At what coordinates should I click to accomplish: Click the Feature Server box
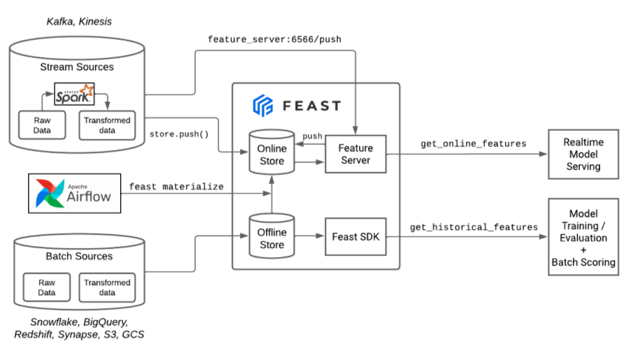tap(356, 154)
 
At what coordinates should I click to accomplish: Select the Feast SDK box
tap(356, 237)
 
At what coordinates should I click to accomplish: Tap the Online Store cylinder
tap(272, 154)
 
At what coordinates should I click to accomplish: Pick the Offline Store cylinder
tap(272, 237)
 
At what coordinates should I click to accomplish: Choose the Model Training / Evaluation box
tap(583, 237)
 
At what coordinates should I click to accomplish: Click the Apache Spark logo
tap(74, 94)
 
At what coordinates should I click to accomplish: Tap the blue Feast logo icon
tap(263, 106)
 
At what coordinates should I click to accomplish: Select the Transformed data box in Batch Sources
tap(107, 287)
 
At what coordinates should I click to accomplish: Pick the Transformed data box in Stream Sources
tap(107, 125)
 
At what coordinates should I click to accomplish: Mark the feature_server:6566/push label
tap(275, 39)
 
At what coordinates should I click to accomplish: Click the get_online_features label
tap(473, 143)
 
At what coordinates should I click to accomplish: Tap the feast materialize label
tap(176, 187)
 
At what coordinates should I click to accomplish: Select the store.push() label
tap(179, 133)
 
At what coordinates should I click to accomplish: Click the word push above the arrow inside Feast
tap(312, 135)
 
